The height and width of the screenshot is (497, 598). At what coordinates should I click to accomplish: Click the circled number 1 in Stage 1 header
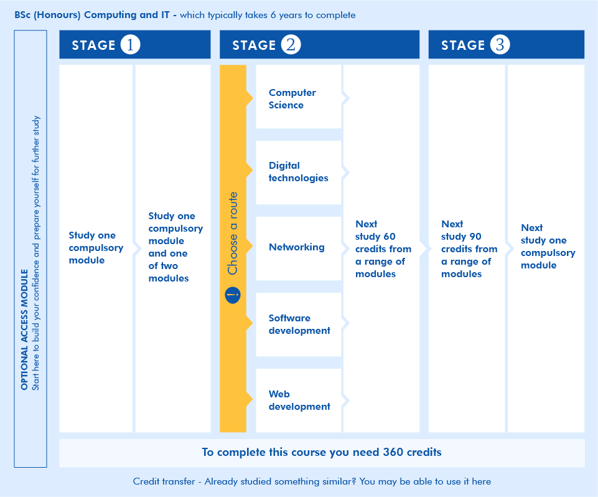[131, 45]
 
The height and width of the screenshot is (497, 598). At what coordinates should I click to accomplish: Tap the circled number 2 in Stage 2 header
[291, 45]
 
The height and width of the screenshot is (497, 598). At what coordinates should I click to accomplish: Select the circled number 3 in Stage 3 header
[500, 45]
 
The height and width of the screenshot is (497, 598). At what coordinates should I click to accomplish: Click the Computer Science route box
[298, 97]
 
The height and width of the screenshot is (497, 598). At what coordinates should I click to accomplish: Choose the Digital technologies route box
[298, 173]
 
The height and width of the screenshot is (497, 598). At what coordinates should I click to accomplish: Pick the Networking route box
[298, 249]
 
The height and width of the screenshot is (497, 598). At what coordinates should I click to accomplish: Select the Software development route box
[298, 324]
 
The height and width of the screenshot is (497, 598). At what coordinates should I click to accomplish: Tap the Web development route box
[298, 400]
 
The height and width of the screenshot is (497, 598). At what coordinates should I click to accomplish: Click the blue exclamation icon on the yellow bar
[233, 295]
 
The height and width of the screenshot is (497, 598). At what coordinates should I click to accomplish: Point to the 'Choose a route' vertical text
[233, 233]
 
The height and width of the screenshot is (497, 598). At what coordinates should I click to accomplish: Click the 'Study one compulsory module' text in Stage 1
[96, 248]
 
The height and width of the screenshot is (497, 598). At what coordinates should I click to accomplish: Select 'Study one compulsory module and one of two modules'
[175, 247]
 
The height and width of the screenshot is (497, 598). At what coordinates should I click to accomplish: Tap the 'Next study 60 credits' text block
[383, 249]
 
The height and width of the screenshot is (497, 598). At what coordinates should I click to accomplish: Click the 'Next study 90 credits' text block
[469, 249]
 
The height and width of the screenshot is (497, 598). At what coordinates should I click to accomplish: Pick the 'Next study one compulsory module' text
[548, 246]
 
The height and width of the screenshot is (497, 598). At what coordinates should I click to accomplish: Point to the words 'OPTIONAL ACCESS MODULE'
[24, 330]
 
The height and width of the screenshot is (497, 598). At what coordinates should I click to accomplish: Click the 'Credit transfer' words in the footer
[164, 481]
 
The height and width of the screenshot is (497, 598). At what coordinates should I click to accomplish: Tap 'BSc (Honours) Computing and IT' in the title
[92, 15]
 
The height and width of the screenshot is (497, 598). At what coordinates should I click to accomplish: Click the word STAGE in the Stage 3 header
[463, 45]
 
